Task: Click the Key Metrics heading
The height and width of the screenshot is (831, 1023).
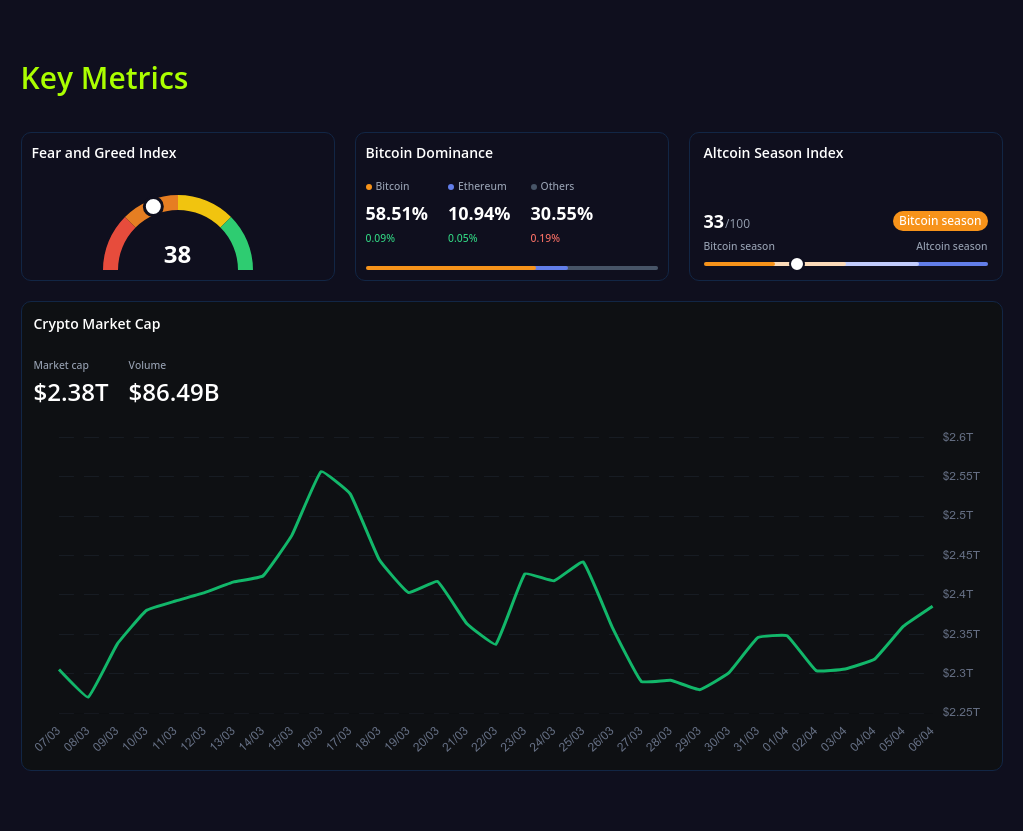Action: pyautogui.click(x=104, y=78)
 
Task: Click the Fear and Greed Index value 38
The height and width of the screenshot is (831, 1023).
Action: pyautogui.click(x=177, y=255)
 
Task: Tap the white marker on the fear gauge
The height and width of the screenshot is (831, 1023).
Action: pyautogui.click(x=153, y=206)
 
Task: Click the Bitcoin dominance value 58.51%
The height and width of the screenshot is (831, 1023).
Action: pyautogui.click(x=396, y=214)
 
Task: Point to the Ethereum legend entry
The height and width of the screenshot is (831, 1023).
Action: pyautogui.click(x=477, y=186)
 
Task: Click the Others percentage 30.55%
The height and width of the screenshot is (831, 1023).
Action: pyautogui.click(x=561, y=214)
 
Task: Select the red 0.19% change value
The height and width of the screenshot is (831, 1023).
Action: pyautogui.click(x=544, y=238)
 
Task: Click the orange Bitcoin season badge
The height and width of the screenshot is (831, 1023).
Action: pyautogui.click(x=939, y=221)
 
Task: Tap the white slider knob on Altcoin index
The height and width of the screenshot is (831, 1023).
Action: pyautogui.click(x=797, y=264)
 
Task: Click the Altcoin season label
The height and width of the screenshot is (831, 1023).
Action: pyautogui.click(x=951, y=246)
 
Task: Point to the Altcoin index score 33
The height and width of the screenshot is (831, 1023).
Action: pyautogui.click(x=713, y=222)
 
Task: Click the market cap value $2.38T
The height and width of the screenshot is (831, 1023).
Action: pyautogui.click(x=71, y=393)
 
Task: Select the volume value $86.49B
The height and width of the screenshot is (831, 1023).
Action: pyautogui.click(x=174, y=393)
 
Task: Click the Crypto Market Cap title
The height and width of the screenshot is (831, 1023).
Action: pyautogui.click(x=97, y=324)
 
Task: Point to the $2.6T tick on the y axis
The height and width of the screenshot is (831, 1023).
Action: pyautogui.click(x=957, y=437)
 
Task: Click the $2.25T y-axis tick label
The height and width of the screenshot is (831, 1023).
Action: pyautogui.click(x=960, y=712)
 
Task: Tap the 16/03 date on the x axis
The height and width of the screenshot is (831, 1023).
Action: pyautogui.click(x=310, y=739)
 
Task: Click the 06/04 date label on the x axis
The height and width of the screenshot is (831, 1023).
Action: pyautogui.click(x=921, y=739)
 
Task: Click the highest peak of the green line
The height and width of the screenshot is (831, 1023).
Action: pyautogui.click(x=320, y=472)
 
